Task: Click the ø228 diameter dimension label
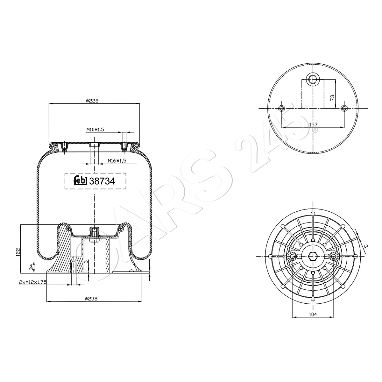click(92, 101)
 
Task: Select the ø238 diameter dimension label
click(91, 298)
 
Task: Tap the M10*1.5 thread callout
click(95, 130)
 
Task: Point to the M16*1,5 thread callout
click(117, 160)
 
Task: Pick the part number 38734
click(102, 181)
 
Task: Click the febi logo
click(81, 180)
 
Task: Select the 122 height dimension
click(18, 252)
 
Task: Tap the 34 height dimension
click(31, 267)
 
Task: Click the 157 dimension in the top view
click(313, 124)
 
